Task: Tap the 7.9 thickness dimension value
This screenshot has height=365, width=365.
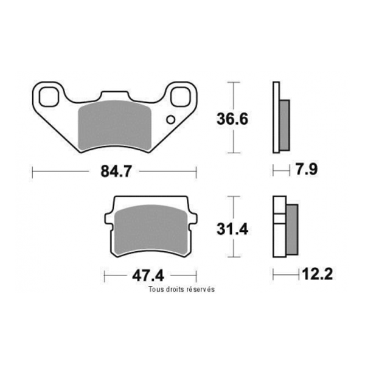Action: point(305,170)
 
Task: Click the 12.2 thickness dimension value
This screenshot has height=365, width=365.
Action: point(317,275)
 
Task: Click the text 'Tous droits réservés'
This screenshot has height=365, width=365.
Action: point(181,290)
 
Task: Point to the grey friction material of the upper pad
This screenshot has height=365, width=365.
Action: point(116,125)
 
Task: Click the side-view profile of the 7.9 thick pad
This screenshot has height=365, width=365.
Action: point(280,119)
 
